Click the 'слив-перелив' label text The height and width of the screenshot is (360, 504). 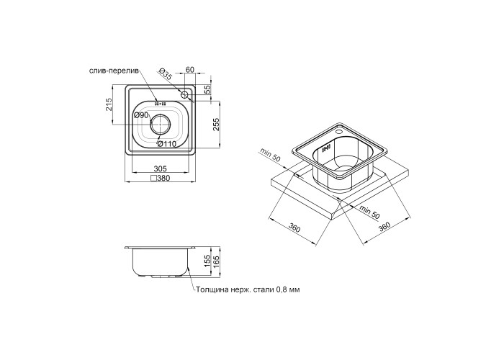114,71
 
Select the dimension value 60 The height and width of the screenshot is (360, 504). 190,69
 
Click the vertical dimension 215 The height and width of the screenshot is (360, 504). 108,104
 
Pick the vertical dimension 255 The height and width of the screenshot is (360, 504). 216,125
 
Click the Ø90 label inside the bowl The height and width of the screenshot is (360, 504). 141,114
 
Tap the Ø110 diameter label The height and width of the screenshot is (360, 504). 167,144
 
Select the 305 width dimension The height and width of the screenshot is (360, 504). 160,168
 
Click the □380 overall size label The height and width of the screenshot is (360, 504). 160,178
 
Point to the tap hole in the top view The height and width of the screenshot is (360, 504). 184,95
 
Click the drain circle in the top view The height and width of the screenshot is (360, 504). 160,124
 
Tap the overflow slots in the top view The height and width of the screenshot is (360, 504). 160,104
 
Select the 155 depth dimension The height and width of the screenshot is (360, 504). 207,261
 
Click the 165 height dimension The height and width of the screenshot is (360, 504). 216,262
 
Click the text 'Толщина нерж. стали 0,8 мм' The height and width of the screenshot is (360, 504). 248,290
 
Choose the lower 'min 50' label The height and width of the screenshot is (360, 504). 369,211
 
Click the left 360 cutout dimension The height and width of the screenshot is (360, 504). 294,228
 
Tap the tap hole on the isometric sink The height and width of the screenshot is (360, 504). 338,132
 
